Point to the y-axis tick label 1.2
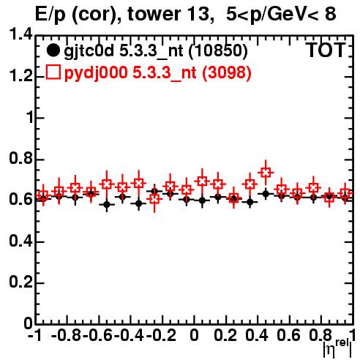pos(20,76)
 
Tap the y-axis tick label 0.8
pos(20,158)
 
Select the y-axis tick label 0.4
pos(20,241)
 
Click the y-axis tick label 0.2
pos(20,282)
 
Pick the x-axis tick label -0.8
pos(67,335)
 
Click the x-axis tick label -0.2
pos(161,335)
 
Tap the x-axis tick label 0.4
pos(257,335)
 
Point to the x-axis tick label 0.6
pos(288,335)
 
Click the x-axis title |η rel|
pos(337,348)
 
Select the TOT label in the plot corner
pos(326,50)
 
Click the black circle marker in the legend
pos(53,50)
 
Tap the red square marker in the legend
pos(53,72)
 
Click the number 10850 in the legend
pos(218,51)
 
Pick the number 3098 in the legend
pos(227,72)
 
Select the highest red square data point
pos(266,173)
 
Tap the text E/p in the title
pos(50,15)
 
